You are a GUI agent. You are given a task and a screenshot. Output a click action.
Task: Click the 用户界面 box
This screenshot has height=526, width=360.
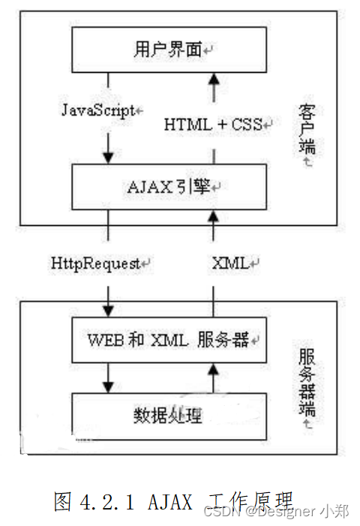(x=169, y=50)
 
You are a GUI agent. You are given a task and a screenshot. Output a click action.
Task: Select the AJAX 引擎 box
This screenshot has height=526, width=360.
(x=169, y=185)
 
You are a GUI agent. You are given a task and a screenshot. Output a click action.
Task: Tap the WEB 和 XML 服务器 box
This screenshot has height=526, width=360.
(x=169, y=339)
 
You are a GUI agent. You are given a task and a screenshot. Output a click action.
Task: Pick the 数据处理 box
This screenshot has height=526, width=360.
(x=169, y=413)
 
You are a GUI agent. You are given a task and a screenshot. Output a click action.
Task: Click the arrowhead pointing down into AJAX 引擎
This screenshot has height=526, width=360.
(x=109, y=158)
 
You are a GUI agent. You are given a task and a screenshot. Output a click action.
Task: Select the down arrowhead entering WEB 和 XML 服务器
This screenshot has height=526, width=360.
(x=109, y=310)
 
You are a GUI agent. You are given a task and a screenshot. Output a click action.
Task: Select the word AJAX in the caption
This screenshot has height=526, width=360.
(x=169, y=500)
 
